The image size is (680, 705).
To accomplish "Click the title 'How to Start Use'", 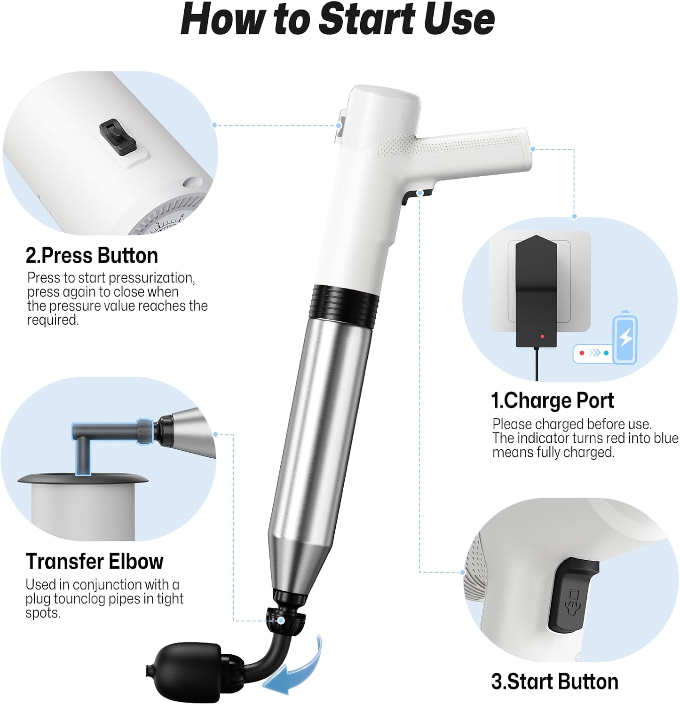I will [338, 20].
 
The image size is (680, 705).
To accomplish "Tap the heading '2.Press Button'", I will [92, 256].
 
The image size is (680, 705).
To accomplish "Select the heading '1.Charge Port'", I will [552, 401].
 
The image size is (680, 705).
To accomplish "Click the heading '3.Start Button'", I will [554, 681].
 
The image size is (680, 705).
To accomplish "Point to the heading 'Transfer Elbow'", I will [95, 561].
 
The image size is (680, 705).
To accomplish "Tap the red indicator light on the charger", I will [542, 337].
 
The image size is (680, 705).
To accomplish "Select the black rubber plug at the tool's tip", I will [188, 665].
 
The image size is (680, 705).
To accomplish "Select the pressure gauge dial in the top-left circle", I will [165, 223].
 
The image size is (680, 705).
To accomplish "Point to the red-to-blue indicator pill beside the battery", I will [593, 353].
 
